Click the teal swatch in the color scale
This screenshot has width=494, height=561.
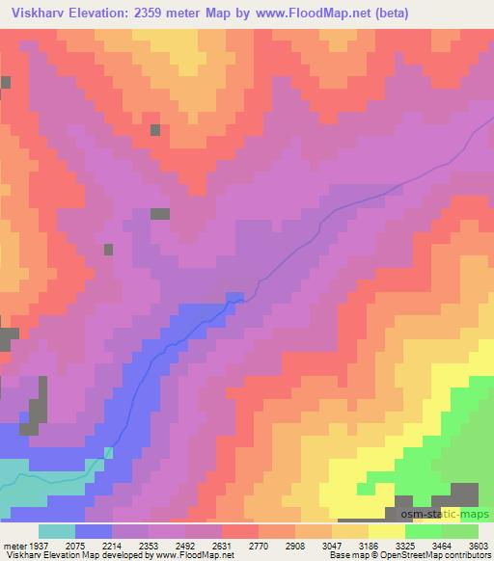[x=56, y=531]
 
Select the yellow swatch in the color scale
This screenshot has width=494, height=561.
[x=387, y=531]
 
